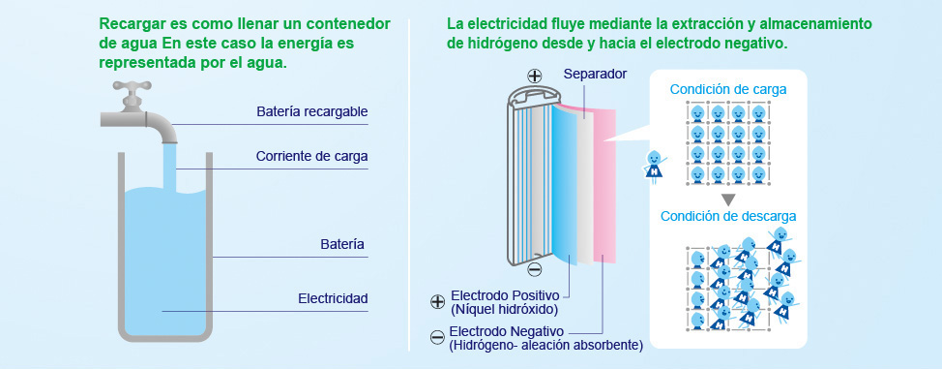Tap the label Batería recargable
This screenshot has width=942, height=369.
[x=311, y=112]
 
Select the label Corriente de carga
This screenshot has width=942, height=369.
[x=311, y=156]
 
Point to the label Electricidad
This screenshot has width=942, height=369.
[x=333, y=297]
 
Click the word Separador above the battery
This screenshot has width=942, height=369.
[x=595, y=74]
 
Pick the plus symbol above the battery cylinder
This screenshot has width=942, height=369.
[x=534, y=76]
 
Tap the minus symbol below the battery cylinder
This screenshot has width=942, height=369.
[x=535, y=269]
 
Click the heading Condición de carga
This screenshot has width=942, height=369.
[x=728, y=89]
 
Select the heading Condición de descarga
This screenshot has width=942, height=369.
[x=728, y=216]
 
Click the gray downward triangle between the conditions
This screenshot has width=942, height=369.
[x=728, y=198]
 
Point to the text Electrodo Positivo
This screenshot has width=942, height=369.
[x=510, y=294]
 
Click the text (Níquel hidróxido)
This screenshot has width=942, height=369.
[x=505, y=309]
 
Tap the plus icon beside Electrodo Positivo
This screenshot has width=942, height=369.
[x=437, y=301]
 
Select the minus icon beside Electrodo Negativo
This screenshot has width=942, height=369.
[x=437, y=337]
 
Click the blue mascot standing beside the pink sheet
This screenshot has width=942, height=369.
[x=655, y=166]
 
